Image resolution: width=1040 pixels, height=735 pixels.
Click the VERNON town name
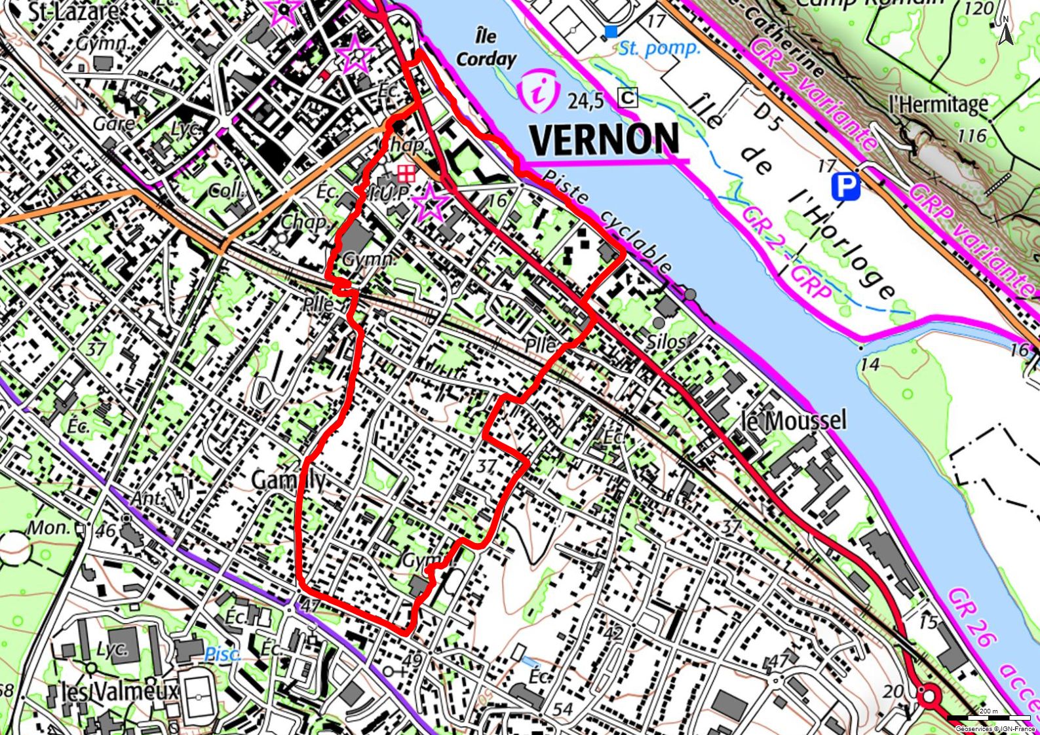tap(604, 139)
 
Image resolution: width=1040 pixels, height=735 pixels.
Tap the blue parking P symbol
tap(845, 187)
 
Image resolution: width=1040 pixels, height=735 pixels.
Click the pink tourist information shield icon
tap(538, 92)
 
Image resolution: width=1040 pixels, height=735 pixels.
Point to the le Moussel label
tap(793, 420)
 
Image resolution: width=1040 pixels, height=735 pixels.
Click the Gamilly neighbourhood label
tap(288, 480)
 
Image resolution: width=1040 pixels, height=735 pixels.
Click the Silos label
tap(666, 341)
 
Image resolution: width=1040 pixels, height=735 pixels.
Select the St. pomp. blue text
tap(659, 48)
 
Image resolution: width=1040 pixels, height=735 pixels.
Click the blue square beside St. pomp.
tap(611, 31)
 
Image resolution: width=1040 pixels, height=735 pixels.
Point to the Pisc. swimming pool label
tap(223, 653)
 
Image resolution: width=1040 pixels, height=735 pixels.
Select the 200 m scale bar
tap(988, 717)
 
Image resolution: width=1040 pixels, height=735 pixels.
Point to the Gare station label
tap(114, 123)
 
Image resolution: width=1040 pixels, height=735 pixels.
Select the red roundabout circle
tap(929, 696)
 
